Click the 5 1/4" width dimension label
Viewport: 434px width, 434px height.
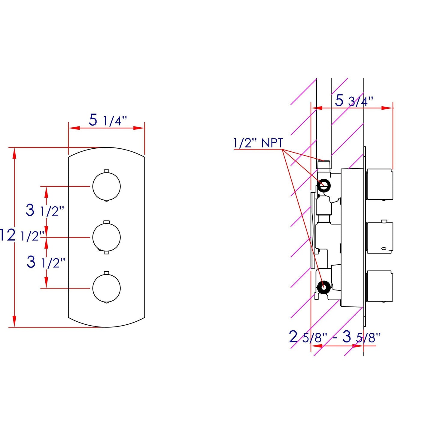[108, 120]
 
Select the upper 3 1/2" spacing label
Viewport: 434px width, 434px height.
[45, 210]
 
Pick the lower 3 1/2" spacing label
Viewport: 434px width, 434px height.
[46, 262]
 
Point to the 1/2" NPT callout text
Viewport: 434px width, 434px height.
[258, 143]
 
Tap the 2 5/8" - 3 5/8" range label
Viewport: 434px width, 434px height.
[335, 337]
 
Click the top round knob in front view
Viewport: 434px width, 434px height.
[107, 186]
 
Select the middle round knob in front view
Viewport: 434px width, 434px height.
[107, 237]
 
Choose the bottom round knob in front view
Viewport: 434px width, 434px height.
[107, 288]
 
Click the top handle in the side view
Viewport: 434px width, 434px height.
[379, 184]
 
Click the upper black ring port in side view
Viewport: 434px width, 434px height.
[324, 185]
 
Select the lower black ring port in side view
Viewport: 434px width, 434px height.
[323, 287]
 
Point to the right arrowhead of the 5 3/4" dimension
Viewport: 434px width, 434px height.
[387, 108]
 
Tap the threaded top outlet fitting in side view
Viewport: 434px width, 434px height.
[324, 165]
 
